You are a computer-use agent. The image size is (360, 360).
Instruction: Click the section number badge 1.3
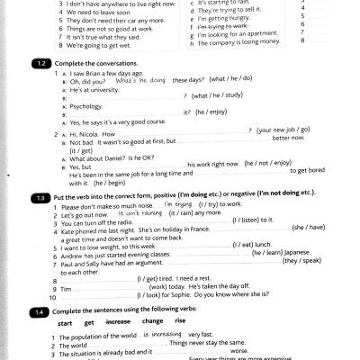(41, 195)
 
